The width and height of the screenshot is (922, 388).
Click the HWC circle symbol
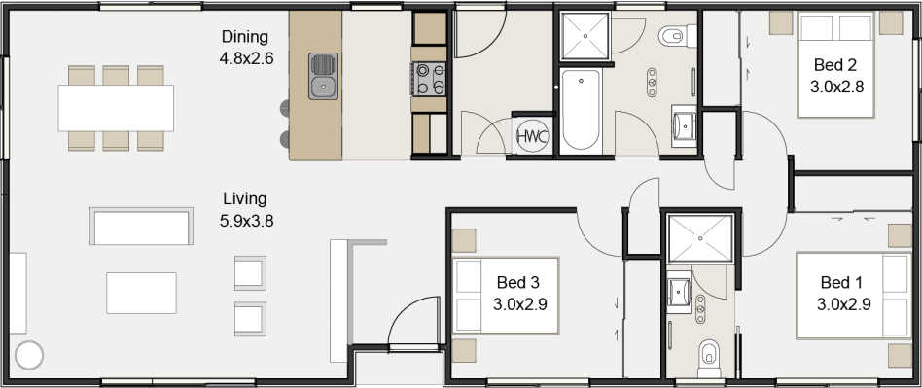[x=532, y=136]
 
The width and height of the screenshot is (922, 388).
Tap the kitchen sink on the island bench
[x=323, y=77]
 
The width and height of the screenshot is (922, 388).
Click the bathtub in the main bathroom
[x=582, y=110]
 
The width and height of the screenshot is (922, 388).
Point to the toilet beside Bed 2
[x=672, y=38]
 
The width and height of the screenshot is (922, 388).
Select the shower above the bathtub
[x=586, y=38]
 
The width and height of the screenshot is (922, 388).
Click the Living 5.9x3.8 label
[x=246, y=209]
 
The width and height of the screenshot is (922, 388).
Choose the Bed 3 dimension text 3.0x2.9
[x=519, y=303]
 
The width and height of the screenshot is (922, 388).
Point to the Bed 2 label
[x=836, y=65]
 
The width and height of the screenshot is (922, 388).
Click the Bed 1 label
[x=841, y=282]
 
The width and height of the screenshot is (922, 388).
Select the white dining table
[x=116, y=107]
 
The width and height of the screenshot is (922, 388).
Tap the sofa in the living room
[x=141, y=226]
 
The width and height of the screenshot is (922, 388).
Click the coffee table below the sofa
[x=141, y=292]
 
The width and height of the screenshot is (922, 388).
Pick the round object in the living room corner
[x=28, y=356]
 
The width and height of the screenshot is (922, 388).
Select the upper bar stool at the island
[x=285, y=106]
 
